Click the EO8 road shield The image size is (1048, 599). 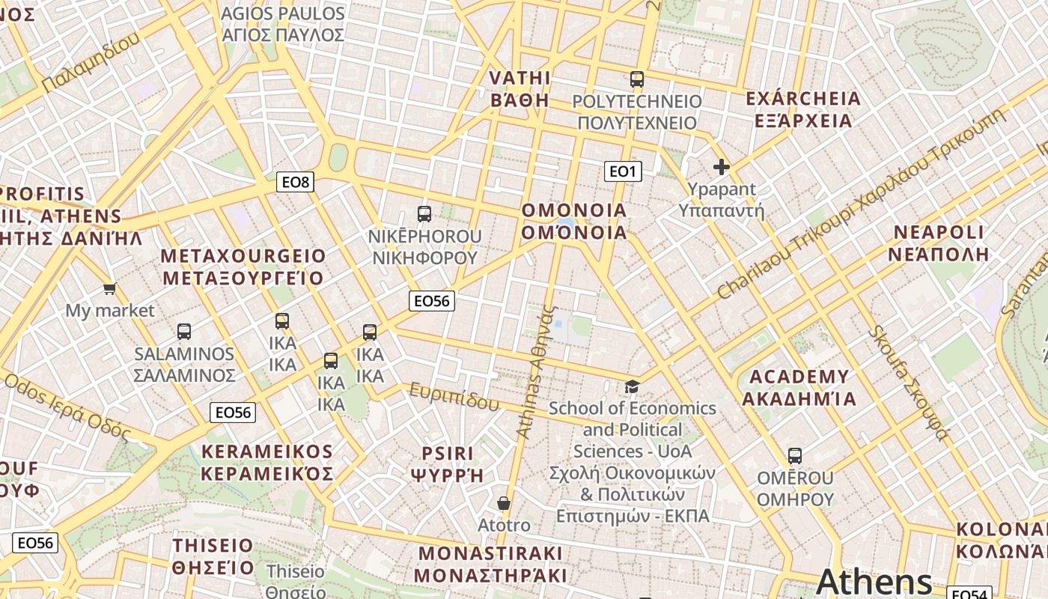coord(295,182)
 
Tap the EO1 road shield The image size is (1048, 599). coord(623,171)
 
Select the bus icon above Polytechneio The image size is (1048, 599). coord(637,79)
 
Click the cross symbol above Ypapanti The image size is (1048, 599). coord(721,167)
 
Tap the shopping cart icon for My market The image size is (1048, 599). coord(110,288)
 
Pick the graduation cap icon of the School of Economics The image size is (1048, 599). coord(633,386)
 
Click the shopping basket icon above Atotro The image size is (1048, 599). coord(504,503)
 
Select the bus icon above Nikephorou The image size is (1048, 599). coord(424,214)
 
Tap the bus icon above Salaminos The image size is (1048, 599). coord(184,332)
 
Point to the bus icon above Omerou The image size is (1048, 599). coord(795,455)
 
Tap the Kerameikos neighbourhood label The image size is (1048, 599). coord(266,463)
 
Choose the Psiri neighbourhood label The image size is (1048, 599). coord(448,463)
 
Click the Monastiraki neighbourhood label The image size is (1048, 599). coord(490,565)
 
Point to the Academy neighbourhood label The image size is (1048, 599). coord(798,387)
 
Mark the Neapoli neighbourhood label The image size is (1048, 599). coord(939,243)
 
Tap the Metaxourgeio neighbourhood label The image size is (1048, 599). coord(243,267)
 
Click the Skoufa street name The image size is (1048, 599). coord(909,382)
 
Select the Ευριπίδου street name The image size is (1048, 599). coord(454,396)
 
